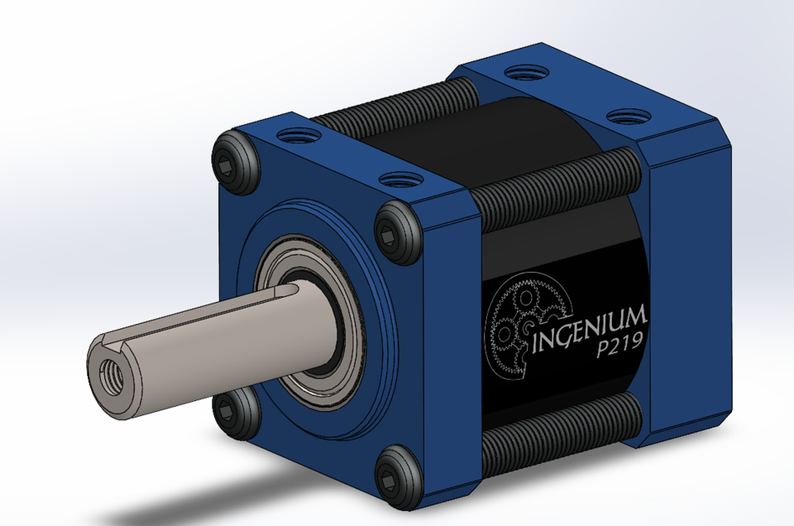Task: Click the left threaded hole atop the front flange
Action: tap(293, 135)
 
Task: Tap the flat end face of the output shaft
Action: tap(112, 376)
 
